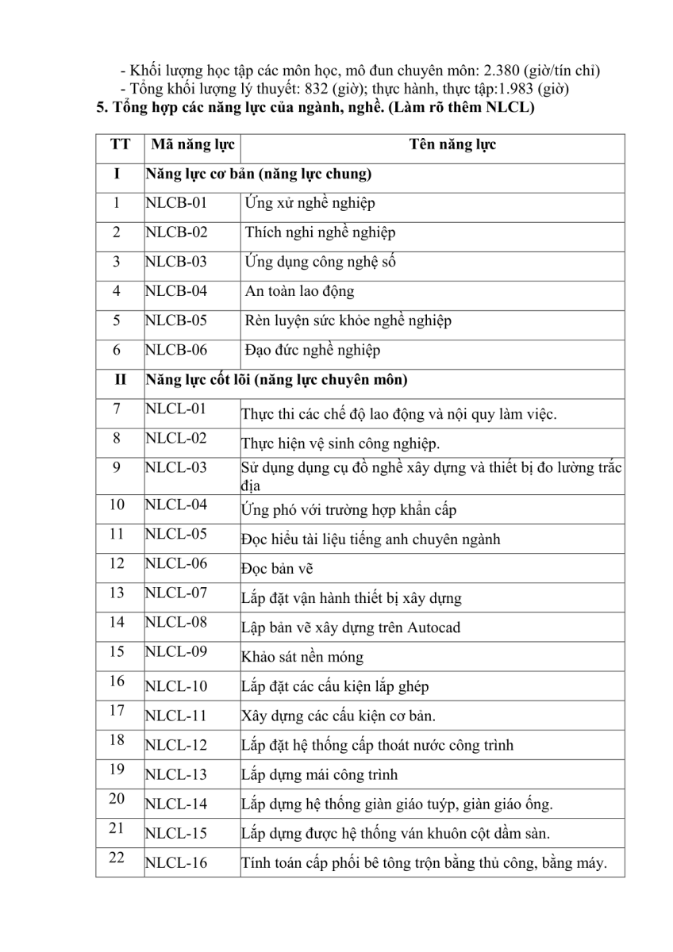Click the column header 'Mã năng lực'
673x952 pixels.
190,144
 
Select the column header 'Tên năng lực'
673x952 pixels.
452,144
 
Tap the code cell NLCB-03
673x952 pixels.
176,262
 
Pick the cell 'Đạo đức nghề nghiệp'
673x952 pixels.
312,350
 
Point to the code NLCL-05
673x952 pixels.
176,533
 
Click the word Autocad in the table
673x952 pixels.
434,628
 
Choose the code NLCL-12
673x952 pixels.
176,745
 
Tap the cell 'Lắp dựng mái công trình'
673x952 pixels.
319,774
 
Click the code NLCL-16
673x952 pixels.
176,862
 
